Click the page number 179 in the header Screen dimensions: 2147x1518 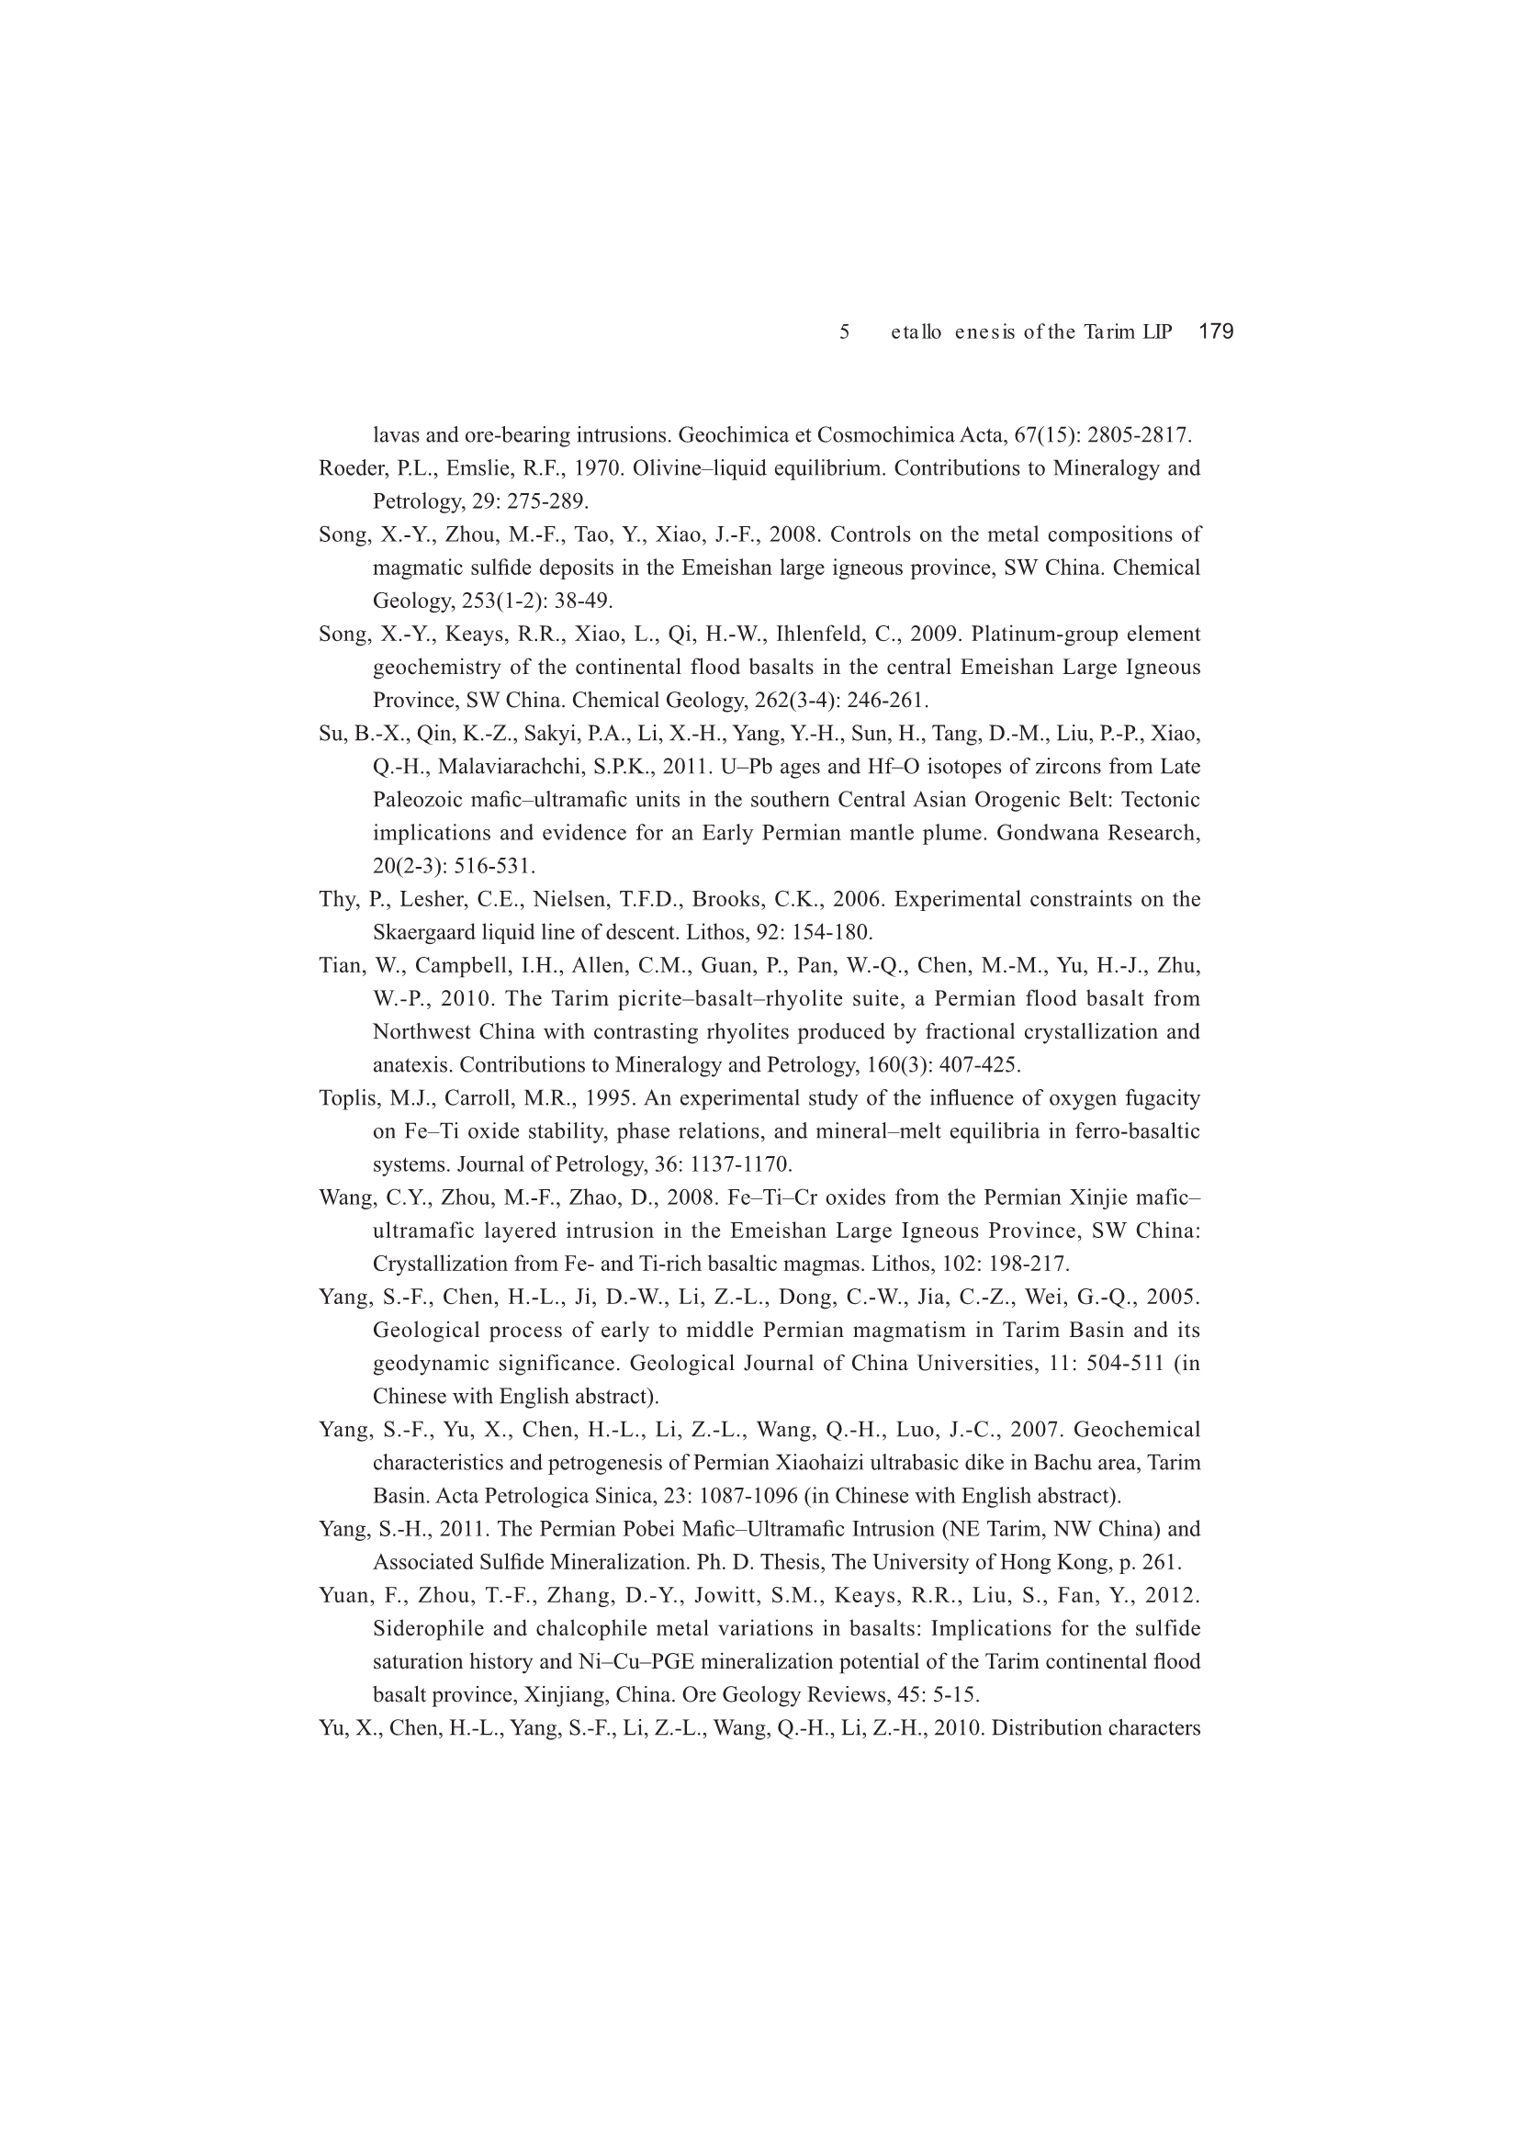click(1216, 331)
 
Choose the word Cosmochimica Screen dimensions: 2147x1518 click(873, 435)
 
